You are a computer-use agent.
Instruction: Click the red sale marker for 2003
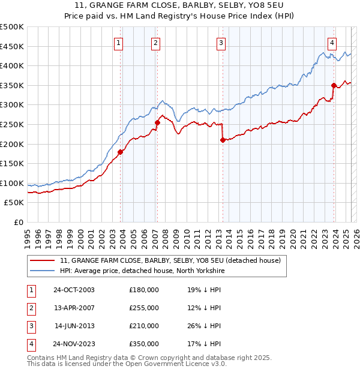[x=120, y=152]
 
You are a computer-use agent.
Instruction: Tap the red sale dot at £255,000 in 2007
[x=157, y=122]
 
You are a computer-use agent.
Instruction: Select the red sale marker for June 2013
[x=223, y=140]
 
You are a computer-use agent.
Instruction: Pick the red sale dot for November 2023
[x=334, y=85]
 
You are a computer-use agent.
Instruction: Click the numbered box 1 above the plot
[x=119, y=43]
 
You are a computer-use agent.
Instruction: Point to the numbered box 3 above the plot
[x=221, y=43]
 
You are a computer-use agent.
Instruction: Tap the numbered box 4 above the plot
[x=332, y=43]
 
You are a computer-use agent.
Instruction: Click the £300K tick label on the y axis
[x=13, y=105]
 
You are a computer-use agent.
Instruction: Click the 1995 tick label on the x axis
[x=28, y=233]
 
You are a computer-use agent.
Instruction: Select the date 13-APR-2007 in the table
[x=74, y=308]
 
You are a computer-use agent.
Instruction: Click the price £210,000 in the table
[x=144, y=326]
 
